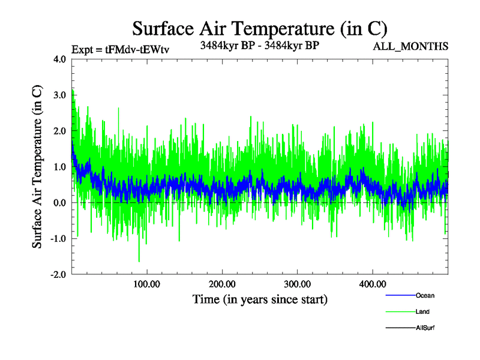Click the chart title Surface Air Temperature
click(259, 28)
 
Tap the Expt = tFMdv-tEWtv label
click(119, 49)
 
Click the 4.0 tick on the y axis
click(60, 59)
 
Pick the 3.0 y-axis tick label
click(60, 95)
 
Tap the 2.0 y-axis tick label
click(60, 131)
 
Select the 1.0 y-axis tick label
click(60, 167)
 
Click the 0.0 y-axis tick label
click(60, 203)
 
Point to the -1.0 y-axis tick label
click(58, 239)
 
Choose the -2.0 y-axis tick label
click(58, 275)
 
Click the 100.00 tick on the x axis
click(147, 284)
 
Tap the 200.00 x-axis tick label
click(222, 284)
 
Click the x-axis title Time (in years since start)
click(260, 299)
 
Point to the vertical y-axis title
click(37, 167)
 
